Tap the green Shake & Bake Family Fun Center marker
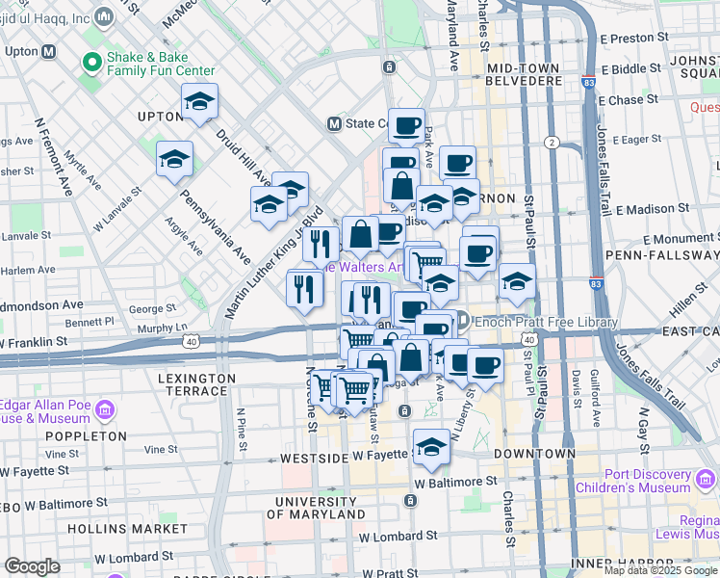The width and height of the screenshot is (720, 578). point(93,64)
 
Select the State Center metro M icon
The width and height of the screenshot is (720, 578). point(335,123)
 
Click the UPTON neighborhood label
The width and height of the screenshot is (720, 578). point(160,117)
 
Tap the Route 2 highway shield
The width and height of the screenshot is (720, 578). point(552,143)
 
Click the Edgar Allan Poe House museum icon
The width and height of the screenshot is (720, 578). point(105,411)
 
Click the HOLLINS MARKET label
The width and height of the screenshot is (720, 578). point(114,529)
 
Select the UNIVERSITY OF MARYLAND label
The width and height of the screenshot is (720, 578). point(315,510)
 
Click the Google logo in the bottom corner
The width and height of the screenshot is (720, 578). point(32,566)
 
